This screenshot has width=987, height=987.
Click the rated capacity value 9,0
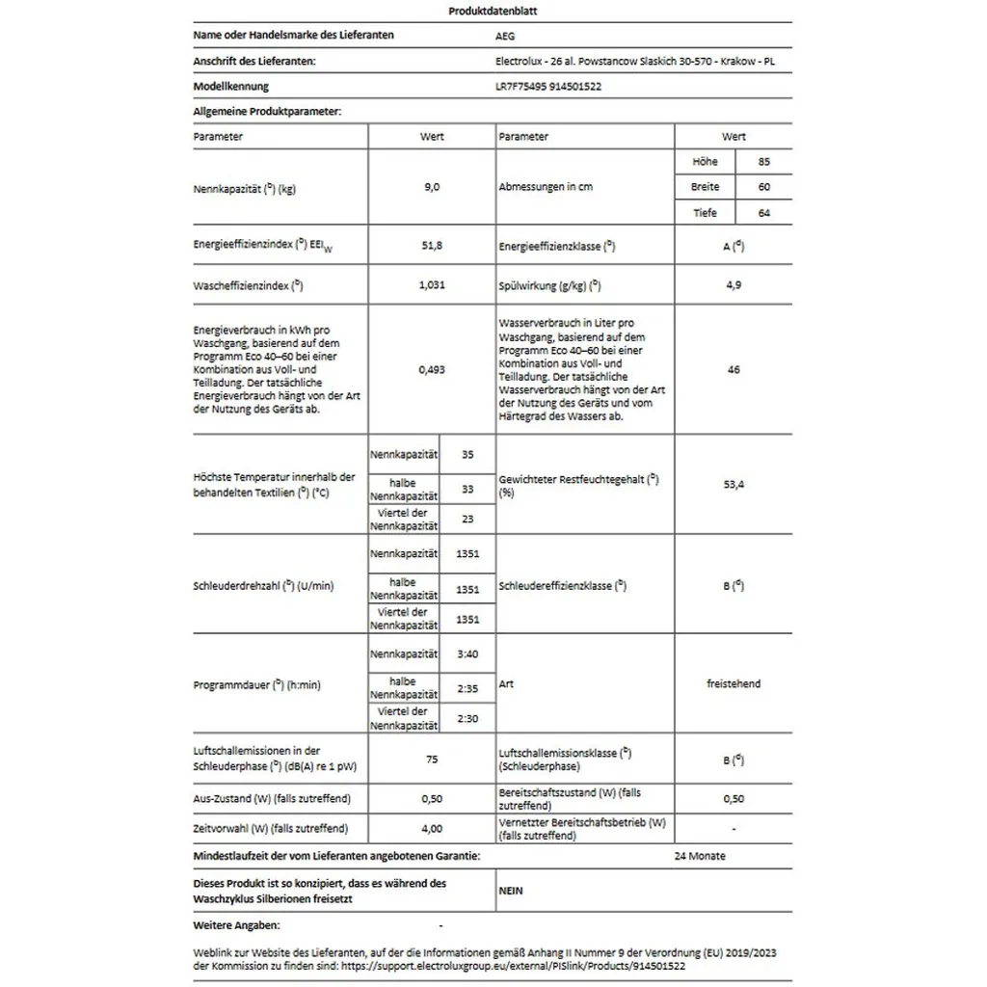432,188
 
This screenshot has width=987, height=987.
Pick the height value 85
764,162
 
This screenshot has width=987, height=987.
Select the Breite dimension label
705,187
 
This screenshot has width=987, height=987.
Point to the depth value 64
764,213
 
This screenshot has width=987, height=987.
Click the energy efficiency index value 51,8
432,248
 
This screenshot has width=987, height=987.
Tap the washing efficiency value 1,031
432,286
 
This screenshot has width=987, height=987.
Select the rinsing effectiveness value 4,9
734,286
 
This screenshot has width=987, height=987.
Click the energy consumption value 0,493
432,370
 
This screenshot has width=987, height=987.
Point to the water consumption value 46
734,370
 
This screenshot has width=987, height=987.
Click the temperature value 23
468,520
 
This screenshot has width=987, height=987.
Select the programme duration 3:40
468,654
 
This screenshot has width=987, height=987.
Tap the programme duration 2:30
468,718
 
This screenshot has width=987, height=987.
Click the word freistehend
734,684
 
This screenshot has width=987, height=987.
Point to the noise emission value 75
432,760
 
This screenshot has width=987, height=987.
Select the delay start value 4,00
432,828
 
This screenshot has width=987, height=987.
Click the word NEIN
511,891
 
